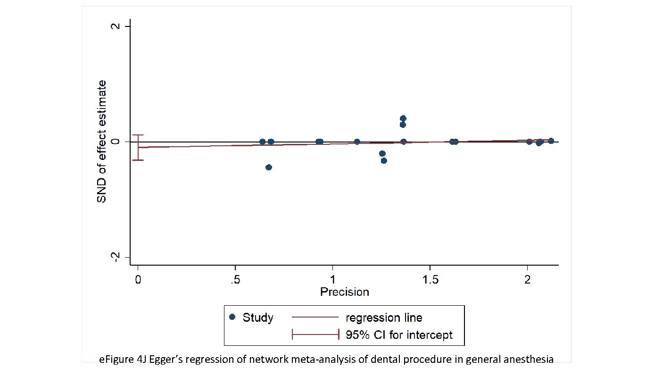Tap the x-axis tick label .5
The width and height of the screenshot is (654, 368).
[x=234, y=280]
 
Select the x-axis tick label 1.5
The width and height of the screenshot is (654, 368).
[x=430, y=280]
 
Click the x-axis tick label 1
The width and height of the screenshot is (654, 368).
[x=332, y=280]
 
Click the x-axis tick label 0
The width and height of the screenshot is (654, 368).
[x=138, y=280]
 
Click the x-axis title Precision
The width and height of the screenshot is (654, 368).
[x=345, y=292]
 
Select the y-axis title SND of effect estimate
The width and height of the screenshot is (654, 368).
[x=102, y=142]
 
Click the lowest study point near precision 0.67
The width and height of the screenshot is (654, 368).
[x=269, y=167]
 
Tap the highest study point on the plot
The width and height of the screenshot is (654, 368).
[x=403, y=118]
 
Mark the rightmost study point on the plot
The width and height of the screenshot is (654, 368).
[x=551, y=141]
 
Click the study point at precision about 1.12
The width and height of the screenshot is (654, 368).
[x=357, y=142]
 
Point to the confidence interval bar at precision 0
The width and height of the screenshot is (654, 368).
[x=138, y=147]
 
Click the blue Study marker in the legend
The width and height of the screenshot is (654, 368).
[x=232, y=317]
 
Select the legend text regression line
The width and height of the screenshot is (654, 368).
[x=384, y=317]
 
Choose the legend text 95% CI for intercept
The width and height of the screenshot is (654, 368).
[x=399, y=335]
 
